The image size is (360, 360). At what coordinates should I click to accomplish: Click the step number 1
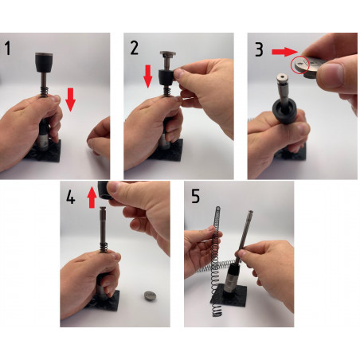click(8, 49)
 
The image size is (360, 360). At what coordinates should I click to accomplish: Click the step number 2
click(135, 49)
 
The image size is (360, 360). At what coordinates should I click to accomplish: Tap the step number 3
click(259, 49)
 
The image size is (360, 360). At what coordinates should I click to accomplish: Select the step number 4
click(70, 198)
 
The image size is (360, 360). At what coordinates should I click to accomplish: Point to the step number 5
click(195, 196)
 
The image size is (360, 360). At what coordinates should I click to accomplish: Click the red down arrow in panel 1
click(70, 100)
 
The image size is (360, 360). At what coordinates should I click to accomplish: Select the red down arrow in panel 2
click(148, 76)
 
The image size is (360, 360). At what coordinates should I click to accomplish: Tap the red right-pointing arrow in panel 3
click(285, 52)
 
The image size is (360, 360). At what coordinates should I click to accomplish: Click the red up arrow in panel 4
click(92, 198)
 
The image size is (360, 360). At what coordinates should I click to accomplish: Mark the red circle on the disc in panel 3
click(300, 65)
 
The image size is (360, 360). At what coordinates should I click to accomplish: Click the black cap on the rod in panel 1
click(44, 62)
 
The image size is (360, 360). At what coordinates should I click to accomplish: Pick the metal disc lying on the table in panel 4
click(151, 295)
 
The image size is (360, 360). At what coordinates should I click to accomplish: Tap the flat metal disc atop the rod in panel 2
click(168, 54)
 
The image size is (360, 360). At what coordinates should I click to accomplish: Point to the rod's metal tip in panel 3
click(282, 78)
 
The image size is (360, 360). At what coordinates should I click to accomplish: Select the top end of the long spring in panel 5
click(217, 208)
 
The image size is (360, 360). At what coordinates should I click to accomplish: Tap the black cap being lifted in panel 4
click(104, 190)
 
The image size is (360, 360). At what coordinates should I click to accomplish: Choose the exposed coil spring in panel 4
click(104, 248)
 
